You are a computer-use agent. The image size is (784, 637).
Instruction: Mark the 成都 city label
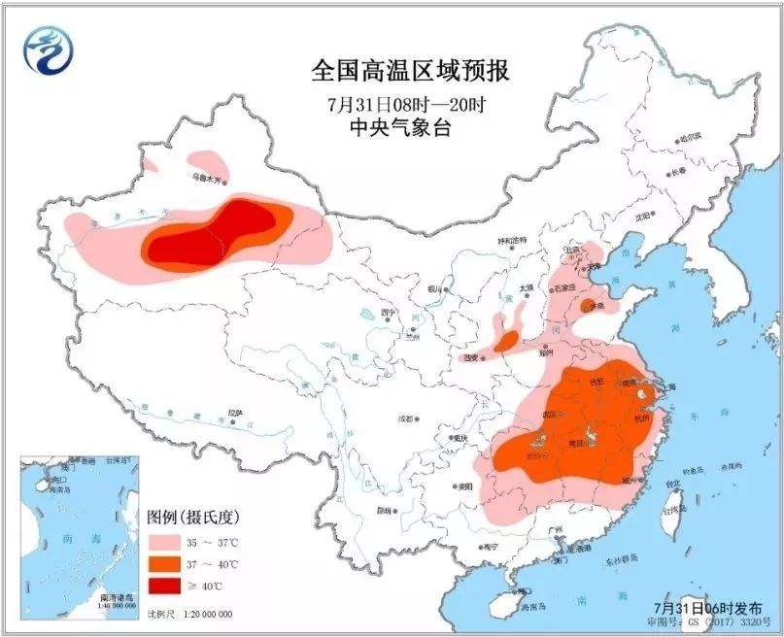(x=404, y=419)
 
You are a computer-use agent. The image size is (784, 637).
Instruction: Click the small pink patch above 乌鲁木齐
(x=206, y=159)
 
